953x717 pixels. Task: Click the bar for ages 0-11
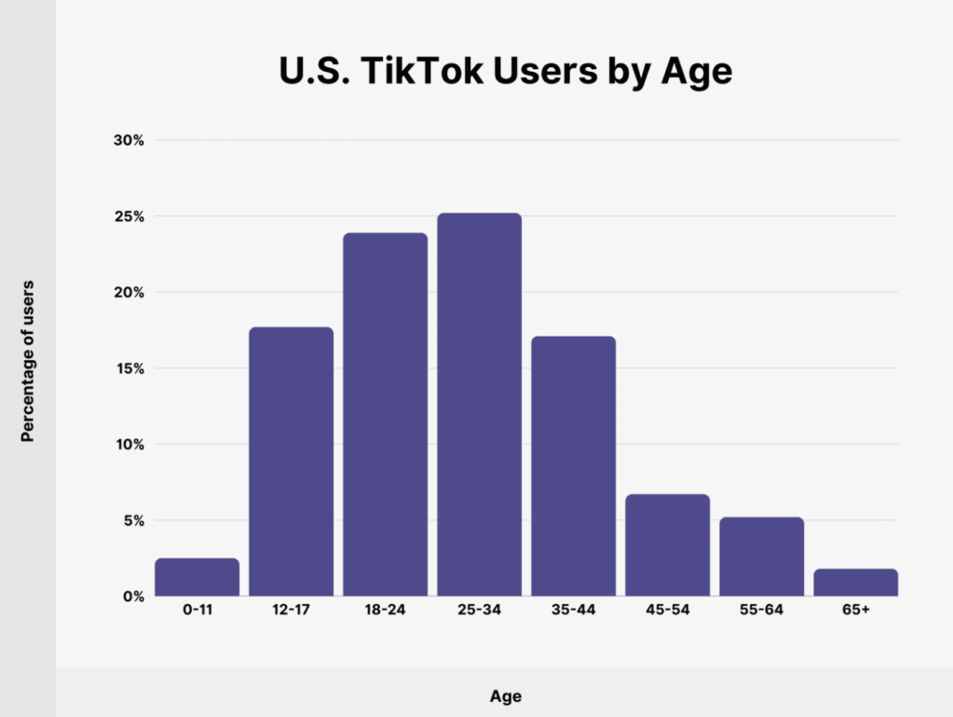197,577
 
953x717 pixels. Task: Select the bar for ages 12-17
291,462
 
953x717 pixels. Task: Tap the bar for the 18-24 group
385,414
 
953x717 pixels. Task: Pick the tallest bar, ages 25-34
479,405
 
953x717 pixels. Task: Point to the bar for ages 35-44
573,466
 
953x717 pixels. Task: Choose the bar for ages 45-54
667,545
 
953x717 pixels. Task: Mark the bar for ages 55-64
761,557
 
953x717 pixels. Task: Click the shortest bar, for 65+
855,582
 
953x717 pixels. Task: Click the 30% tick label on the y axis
129,141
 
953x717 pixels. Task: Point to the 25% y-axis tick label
129,216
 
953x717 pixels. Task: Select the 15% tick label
129,368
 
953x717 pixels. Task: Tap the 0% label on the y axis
131,596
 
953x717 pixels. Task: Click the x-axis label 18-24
385,611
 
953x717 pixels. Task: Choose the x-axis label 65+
855,611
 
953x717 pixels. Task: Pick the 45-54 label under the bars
667,611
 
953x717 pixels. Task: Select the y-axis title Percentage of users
28,360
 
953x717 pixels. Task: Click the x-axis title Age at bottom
505,696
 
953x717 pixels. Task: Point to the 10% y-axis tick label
129,445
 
